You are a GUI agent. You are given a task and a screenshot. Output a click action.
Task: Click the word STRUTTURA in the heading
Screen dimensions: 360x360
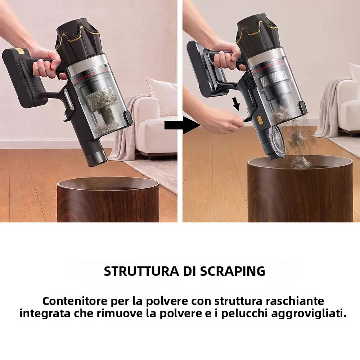(141, 271)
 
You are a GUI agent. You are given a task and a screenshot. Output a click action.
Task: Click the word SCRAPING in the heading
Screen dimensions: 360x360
(233, 271)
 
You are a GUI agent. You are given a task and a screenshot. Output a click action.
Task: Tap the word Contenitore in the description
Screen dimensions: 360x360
(75, 301)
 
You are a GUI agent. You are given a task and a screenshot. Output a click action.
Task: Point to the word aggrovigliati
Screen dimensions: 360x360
(309, 314)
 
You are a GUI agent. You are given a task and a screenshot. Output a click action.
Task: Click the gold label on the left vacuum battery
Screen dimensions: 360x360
(21, 51)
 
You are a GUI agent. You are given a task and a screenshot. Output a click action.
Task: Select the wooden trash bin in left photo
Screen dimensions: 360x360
(108, 199)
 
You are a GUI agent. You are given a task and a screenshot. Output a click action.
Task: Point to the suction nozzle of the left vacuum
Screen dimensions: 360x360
(96, 158)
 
